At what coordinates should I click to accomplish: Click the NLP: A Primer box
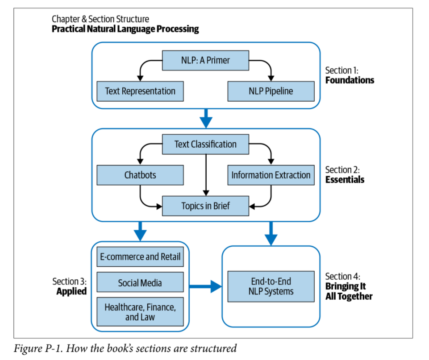point(205,60)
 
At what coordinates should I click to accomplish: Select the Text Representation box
point(140,91)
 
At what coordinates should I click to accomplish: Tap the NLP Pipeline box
point(271,91)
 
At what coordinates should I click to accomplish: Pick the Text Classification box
point(205,144)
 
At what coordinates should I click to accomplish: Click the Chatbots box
point(140,175)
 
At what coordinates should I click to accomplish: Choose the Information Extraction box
point(271,175)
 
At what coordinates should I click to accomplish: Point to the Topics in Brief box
point(205,206)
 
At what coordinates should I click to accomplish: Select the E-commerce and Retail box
point(140,257)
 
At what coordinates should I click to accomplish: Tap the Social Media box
point(140,283)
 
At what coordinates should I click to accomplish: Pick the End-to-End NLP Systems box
point(271,286)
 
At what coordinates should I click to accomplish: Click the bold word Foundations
point(350,81)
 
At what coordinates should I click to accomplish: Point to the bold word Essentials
point(345,180)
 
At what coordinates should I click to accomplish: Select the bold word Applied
point(71,292)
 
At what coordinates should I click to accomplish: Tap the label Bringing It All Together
point(348,291)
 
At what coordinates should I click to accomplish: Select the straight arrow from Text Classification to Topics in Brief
point(206,174)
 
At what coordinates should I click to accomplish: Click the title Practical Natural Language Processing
point(125,29)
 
